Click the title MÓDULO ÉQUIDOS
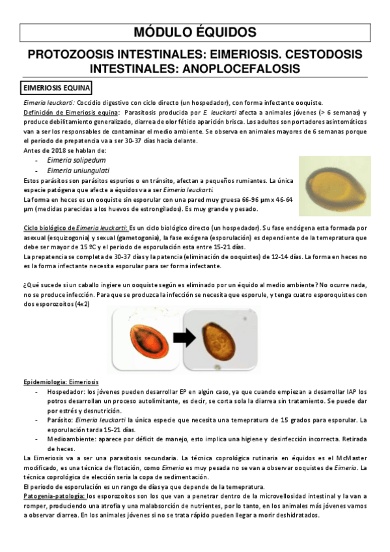(195, 33)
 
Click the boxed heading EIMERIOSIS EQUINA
(57, 87)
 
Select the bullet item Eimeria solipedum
(76, 159)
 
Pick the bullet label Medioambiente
(69, 439)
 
